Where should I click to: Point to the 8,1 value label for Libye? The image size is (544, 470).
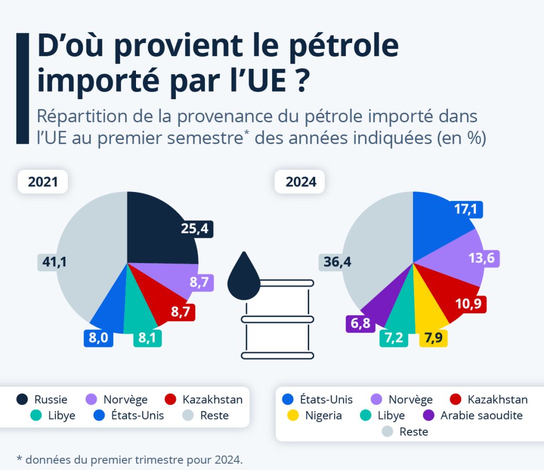[x=147, y=338]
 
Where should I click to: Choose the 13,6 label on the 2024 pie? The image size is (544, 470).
[x=484, y=258]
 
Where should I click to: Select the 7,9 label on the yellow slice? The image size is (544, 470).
[x=433, y=338]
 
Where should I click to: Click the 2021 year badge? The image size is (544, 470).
[x=42, y=182]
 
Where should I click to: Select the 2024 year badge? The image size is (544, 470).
[x=301, y=182]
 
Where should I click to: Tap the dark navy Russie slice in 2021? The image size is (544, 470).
[x=159, y=228]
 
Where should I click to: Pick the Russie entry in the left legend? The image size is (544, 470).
[x=42, y=399]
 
